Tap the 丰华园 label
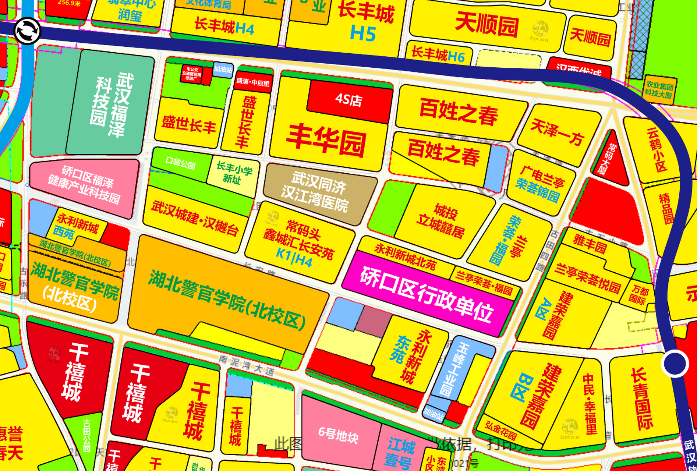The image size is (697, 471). click(326, 141)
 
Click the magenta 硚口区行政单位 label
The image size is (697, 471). click(427, 294)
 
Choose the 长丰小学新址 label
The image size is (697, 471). click(233, 173)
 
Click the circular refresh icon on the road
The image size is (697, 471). click(27, 31)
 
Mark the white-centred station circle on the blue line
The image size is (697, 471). click(675, 364)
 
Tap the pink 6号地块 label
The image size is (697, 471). click(338, 436)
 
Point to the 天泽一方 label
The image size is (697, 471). click(557, 132)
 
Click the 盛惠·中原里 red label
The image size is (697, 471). click(253, 82)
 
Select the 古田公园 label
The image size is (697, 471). click(86, 436)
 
